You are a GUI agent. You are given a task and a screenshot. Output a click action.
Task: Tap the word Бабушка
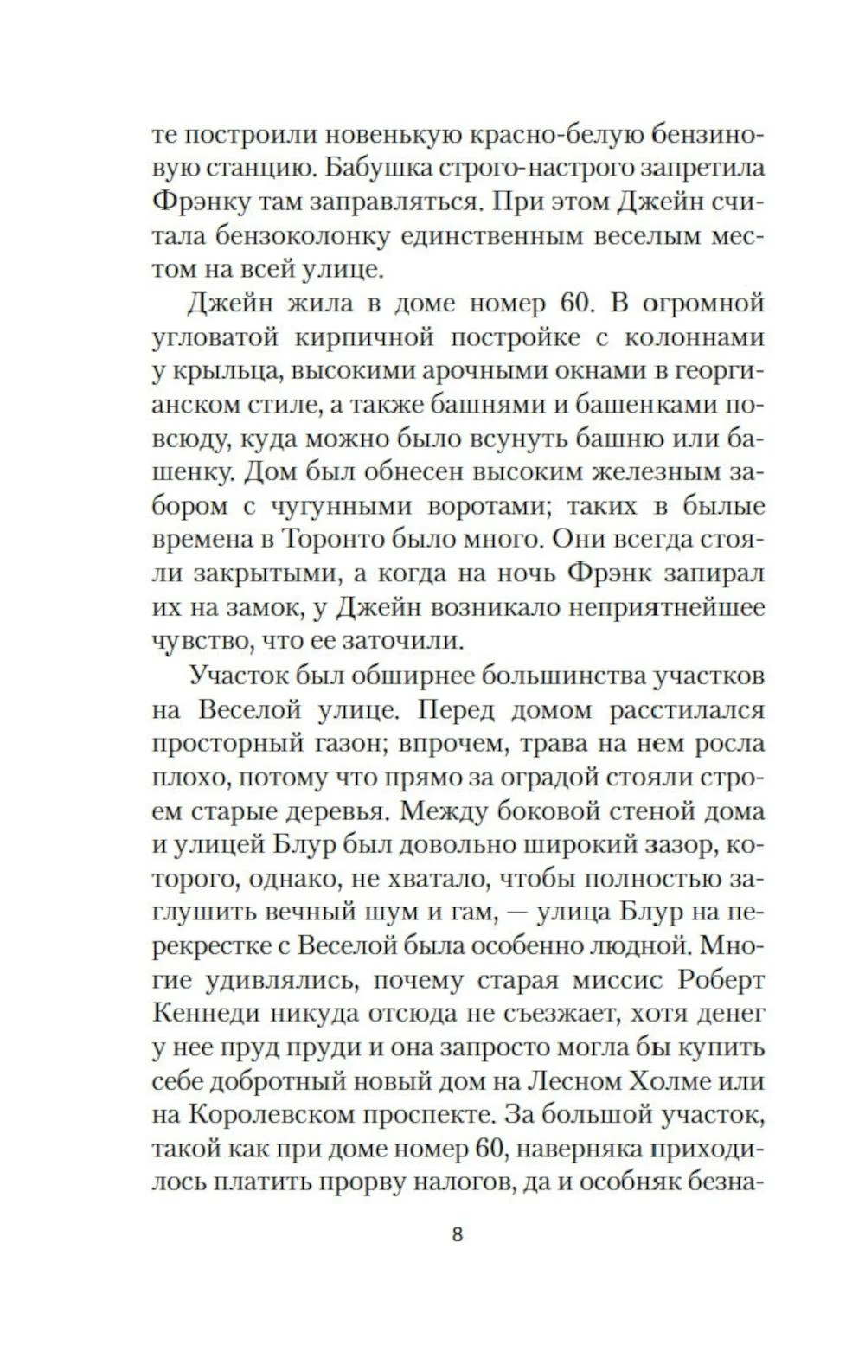(403, 169)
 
